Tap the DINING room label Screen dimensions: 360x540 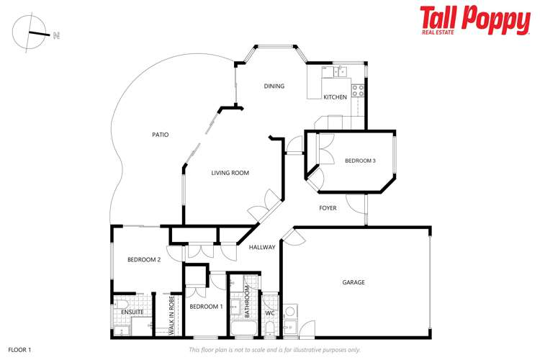click(x=274, y=86)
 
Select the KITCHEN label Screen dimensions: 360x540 click(x=335, y=97)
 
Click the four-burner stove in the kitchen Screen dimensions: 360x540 click(x=358, y=94)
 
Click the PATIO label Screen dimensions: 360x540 click(x=161, y=135)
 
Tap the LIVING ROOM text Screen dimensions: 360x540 click(x=230, y=173)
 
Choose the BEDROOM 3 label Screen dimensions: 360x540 click(x=360, y=161)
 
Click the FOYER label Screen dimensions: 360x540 click(x=328, y=208)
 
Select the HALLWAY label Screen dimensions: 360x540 click(x=262, y=248)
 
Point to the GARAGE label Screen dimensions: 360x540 click(x=353, y=282)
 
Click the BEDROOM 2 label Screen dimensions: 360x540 click(x=143, y=260)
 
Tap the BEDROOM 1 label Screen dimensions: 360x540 click(x=206, y=307)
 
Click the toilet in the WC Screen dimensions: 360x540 click(x=270, y=328)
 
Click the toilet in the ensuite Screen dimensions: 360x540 click(x=123, y=302)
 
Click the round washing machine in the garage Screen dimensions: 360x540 click(x=290, y=312)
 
